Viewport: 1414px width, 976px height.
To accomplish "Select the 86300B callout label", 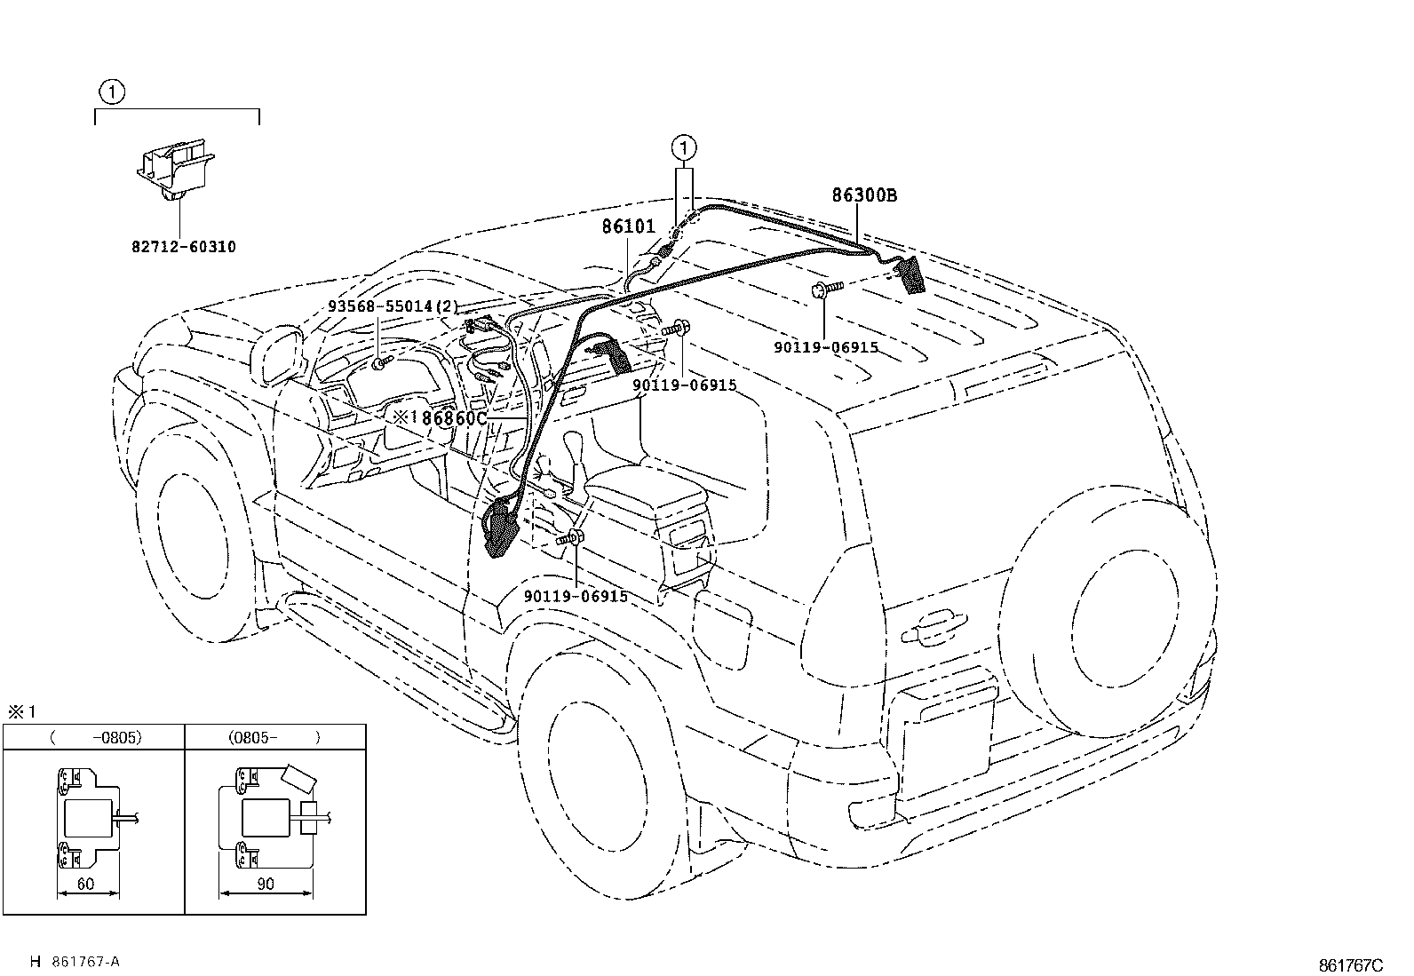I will tap(863, 195).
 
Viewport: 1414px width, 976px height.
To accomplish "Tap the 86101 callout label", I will tap(628, 227).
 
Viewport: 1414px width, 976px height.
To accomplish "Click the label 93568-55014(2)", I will tap(393, 306).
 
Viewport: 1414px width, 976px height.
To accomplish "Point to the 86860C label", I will tap(454, 417).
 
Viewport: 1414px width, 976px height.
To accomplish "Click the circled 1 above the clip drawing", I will tap(111, 90).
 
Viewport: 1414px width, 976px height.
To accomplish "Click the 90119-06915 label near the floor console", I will tap(576, 597).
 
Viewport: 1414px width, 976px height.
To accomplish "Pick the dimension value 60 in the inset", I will tap(85, 885).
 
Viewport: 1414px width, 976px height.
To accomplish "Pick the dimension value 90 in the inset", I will tap(266, 885).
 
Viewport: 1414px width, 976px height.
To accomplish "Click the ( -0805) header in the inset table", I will tap(94, 737).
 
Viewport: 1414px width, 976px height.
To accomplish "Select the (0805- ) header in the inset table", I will tap(274, 737).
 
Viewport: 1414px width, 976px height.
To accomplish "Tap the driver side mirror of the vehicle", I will tap(277, 353).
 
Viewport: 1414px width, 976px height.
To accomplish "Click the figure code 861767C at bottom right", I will tap(1351, 964).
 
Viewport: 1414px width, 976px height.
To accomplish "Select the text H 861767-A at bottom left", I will tap(75, 961).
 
